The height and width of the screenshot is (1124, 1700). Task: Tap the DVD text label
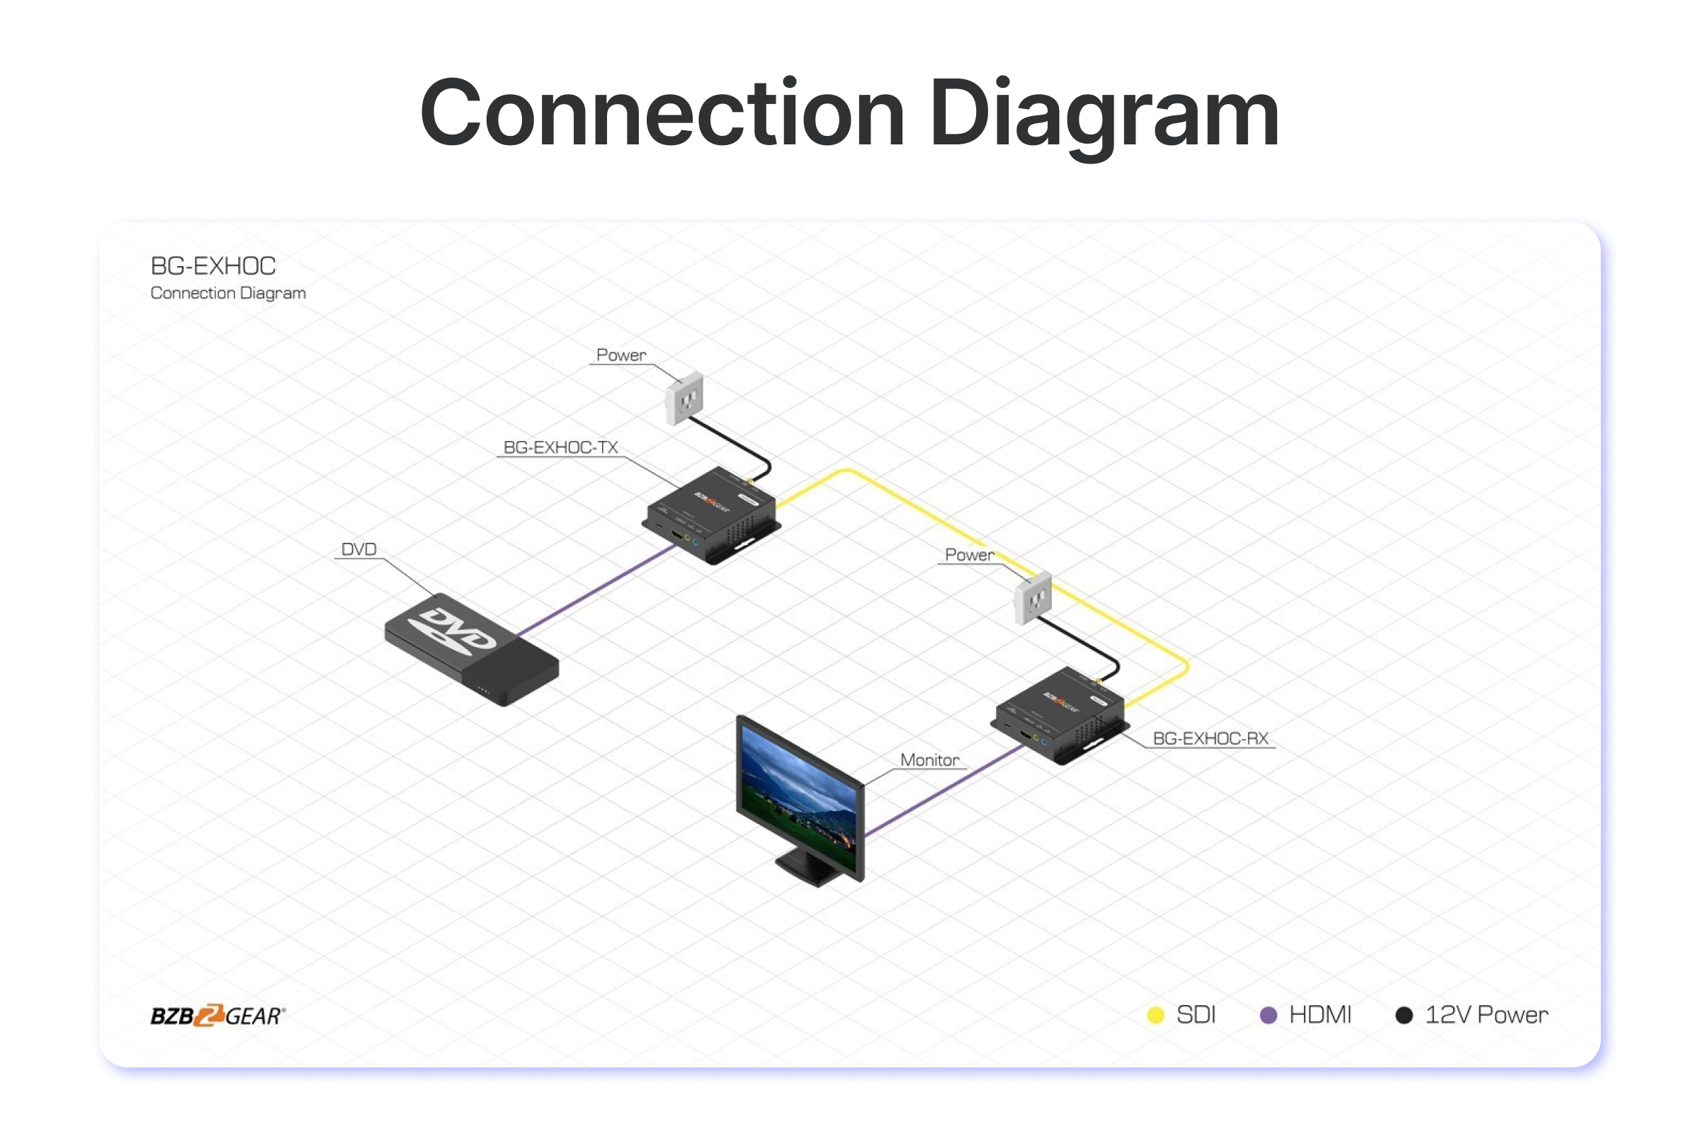coord(358,549)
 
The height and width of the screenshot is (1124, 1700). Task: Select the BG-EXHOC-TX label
coord(560,447)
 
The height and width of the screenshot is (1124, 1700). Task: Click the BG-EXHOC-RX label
coord(1211,738)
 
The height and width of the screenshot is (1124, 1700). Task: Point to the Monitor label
coord(929,760)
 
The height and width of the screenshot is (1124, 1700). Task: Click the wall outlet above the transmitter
coord(684,398)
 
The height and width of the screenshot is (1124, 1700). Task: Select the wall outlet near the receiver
coord(1033,598)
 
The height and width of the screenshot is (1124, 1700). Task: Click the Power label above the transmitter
coord(621,355)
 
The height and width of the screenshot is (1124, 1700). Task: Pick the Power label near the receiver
coord(969,555)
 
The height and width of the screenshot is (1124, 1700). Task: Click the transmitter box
coord(711,514)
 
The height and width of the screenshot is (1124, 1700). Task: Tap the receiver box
coord(1059,715)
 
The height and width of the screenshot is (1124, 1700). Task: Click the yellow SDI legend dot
coord(1155,1015)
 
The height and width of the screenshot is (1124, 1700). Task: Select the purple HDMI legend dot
coord(1268,1015)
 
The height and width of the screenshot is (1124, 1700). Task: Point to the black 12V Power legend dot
coord(1404,1015)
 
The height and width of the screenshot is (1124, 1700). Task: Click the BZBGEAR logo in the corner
coord(217,1015)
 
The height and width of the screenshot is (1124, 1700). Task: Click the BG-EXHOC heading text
coord(213,266)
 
